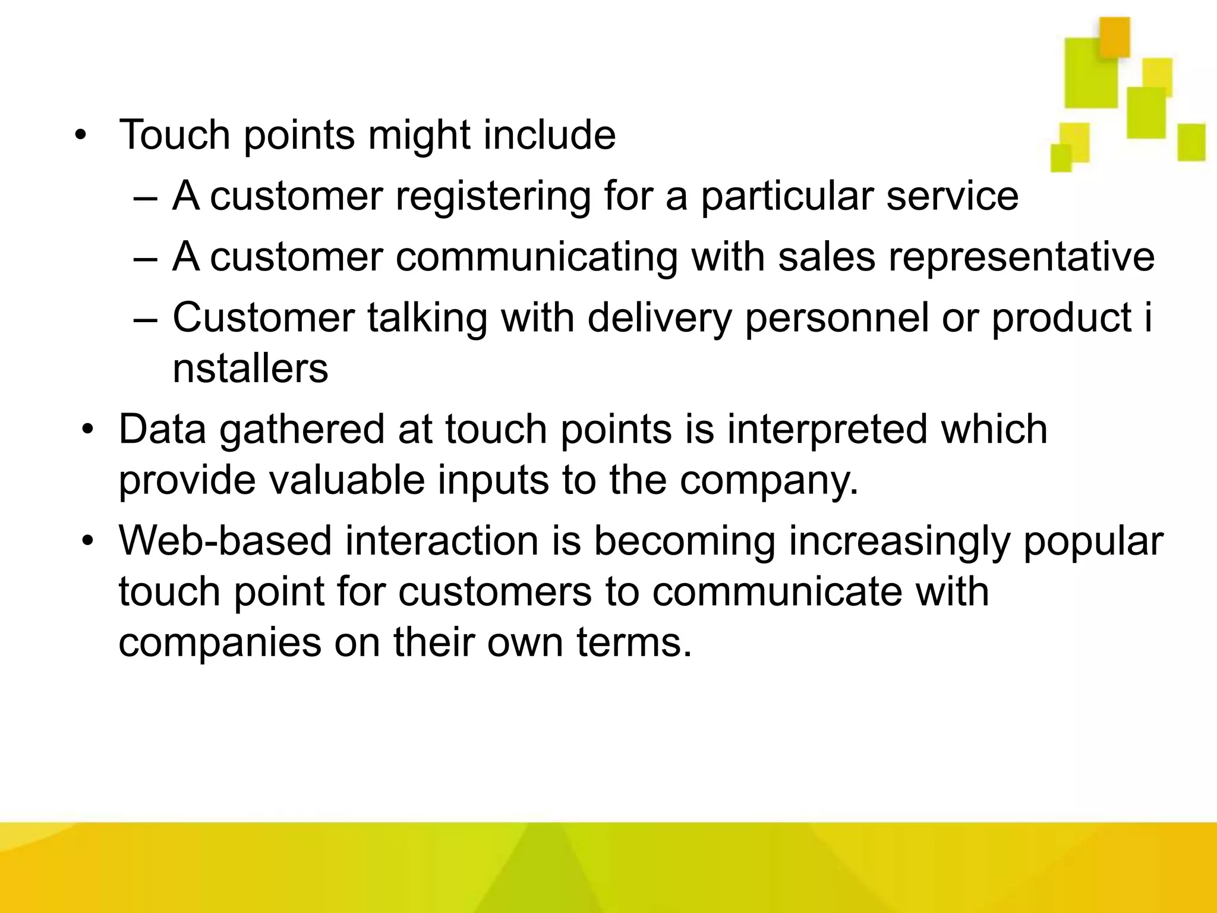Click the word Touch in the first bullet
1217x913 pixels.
point(174,135)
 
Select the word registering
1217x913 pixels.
point(493,196)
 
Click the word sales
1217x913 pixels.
point(826,257)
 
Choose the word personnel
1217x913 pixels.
point(836,318)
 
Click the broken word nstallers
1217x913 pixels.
point(250,369)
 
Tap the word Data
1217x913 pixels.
point(162,429)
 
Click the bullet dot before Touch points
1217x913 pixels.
point(81,136)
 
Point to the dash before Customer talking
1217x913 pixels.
point(146,319)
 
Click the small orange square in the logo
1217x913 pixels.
point(1106,37)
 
